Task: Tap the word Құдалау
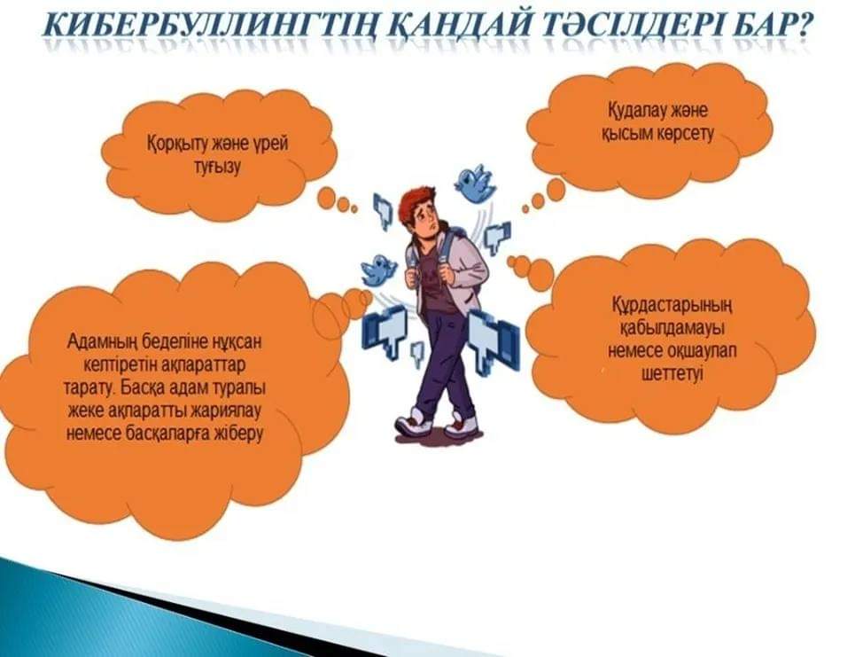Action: click(x=638, y=111)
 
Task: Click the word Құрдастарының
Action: click(x=672, y=305)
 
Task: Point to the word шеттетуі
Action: click(x=673, y=373)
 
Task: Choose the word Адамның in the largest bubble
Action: click(x=101, y=342)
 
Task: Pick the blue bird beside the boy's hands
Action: click(x=379, y=270)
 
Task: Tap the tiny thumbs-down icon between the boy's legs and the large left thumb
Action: click(x=417, y=354)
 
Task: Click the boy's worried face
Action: click(x=426, y=220)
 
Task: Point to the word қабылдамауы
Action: click(x=672, y=329)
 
